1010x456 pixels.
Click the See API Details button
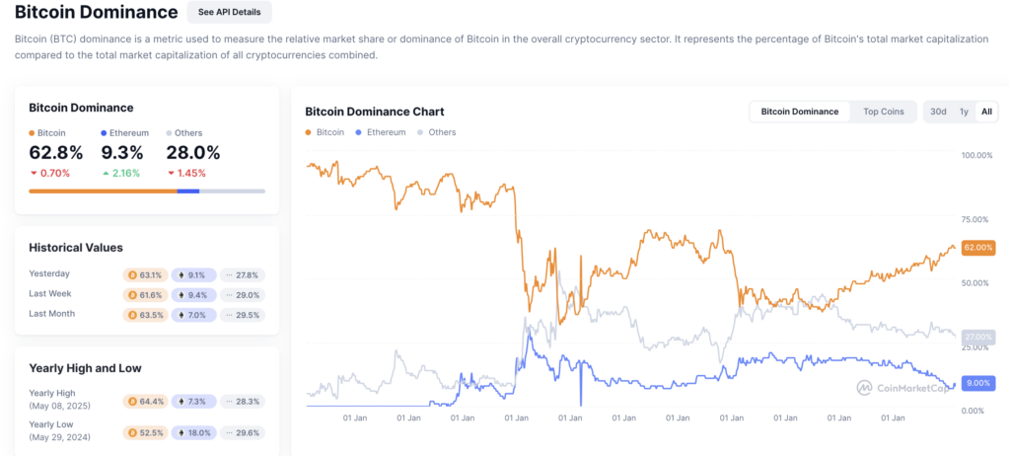[x=229, y=13]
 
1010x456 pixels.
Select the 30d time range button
[x=938, y=112]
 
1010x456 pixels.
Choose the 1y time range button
[x=964, y=112]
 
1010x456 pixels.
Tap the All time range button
[x=986, y=112]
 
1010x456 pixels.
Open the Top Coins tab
[x=882, y=112]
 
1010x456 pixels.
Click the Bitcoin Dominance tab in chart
[x=800, y=112]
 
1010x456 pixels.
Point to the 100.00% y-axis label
[x=976, y=156]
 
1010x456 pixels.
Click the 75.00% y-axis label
[x=976, y=219]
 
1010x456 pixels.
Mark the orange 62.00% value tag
[x=977, y=247]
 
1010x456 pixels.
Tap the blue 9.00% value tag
[x=977, y=383]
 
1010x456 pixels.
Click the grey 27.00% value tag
[x=977, y=337]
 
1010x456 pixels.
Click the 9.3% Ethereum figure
[x=122, y=153]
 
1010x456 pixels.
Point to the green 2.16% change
[x=121, y=173]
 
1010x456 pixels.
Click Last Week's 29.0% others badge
[x=245, y=294]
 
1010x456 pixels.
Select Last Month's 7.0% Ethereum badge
[x=194, y=315]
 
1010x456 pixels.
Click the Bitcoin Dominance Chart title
[x=374, y=112]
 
